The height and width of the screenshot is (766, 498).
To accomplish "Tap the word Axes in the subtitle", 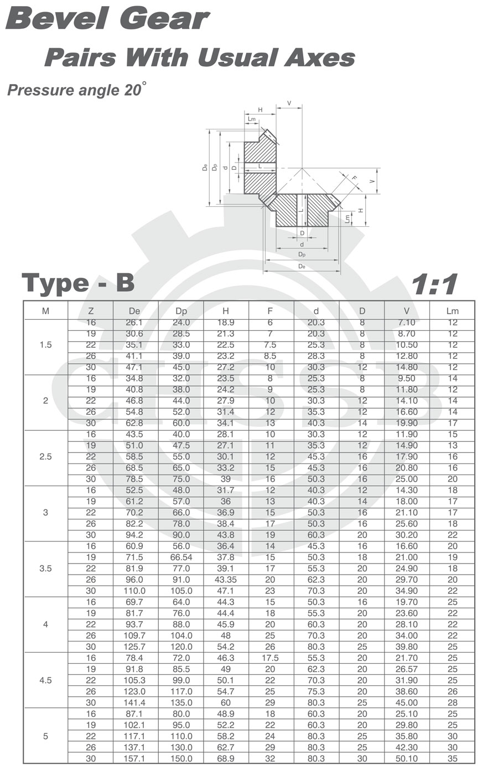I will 319,58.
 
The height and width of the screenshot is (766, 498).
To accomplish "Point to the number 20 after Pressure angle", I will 132,90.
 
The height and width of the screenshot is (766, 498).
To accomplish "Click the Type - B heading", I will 78,283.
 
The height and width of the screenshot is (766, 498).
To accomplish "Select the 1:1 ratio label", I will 434,284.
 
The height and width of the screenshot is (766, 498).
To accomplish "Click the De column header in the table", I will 134,311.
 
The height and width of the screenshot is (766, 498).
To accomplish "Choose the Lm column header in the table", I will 452,311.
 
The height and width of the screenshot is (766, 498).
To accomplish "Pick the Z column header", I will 91,311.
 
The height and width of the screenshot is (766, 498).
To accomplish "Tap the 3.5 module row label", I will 45,569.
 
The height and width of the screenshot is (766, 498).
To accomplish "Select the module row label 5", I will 45,736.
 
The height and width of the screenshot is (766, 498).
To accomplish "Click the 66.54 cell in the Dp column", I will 181,557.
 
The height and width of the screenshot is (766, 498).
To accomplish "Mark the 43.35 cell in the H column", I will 226,580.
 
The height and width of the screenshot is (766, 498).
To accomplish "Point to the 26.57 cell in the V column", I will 406,669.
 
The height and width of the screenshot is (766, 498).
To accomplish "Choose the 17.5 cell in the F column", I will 270,658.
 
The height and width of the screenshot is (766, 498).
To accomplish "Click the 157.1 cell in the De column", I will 134,758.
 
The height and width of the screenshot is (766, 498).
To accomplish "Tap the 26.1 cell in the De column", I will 134,322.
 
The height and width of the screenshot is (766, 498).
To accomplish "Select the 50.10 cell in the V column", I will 406,758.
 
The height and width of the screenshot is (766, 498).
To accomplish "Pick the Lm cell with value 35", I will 453,758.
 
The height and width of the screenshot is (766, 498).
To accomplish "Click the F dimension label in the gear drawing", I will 354,179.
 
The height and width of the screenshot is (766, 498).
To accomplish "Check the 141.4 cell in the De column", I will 134,702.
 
